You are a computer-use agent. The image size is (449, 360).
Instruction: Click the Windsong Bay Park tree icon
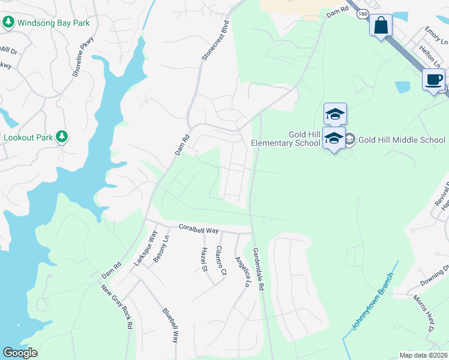[8, 23]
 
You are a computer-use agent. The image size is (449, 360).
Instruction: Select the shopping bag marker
[381, 26]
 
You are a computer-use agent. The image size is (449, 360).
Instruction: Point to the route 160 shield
[362, 13]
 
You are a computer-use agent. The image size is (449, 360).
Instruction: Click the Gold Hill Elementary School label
[285, 139]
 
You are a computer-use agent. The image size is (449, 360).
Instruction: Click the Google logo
[20, 353]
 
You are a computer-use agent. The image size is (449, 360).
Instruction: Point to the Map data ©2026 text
[423, 355]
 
